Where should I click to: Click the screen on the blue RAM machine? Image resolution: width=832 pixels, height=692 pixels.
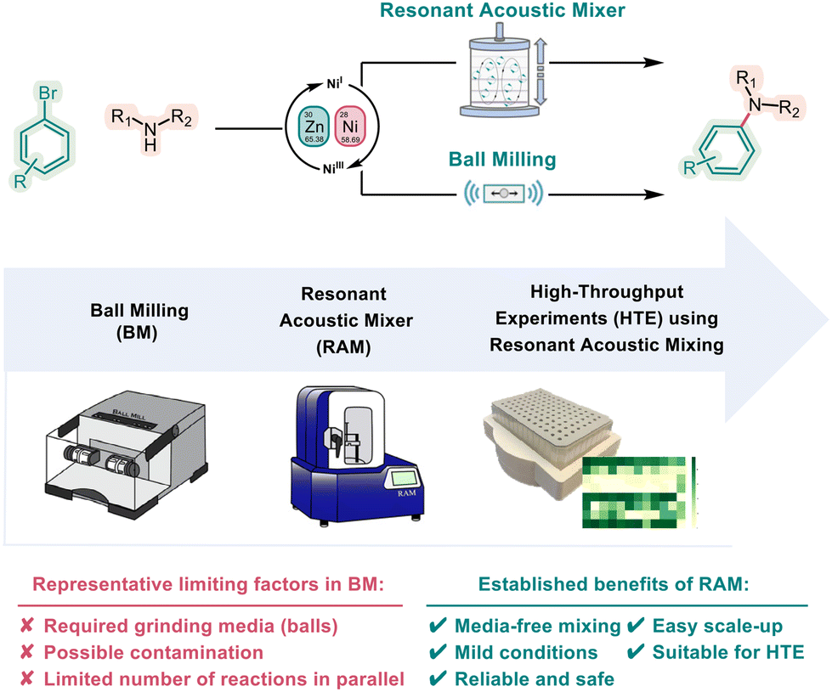[x=403, y=477]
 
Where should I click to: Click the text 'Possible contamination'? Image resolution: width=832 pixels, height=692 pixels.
[x=153, y=652]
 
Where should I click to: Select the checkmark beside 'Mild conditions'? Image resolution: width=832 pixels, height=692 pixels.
[x=439, y=652]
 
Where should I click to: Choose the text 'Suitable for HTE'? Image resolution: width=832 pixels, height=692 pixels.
[x=727, y=652]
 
